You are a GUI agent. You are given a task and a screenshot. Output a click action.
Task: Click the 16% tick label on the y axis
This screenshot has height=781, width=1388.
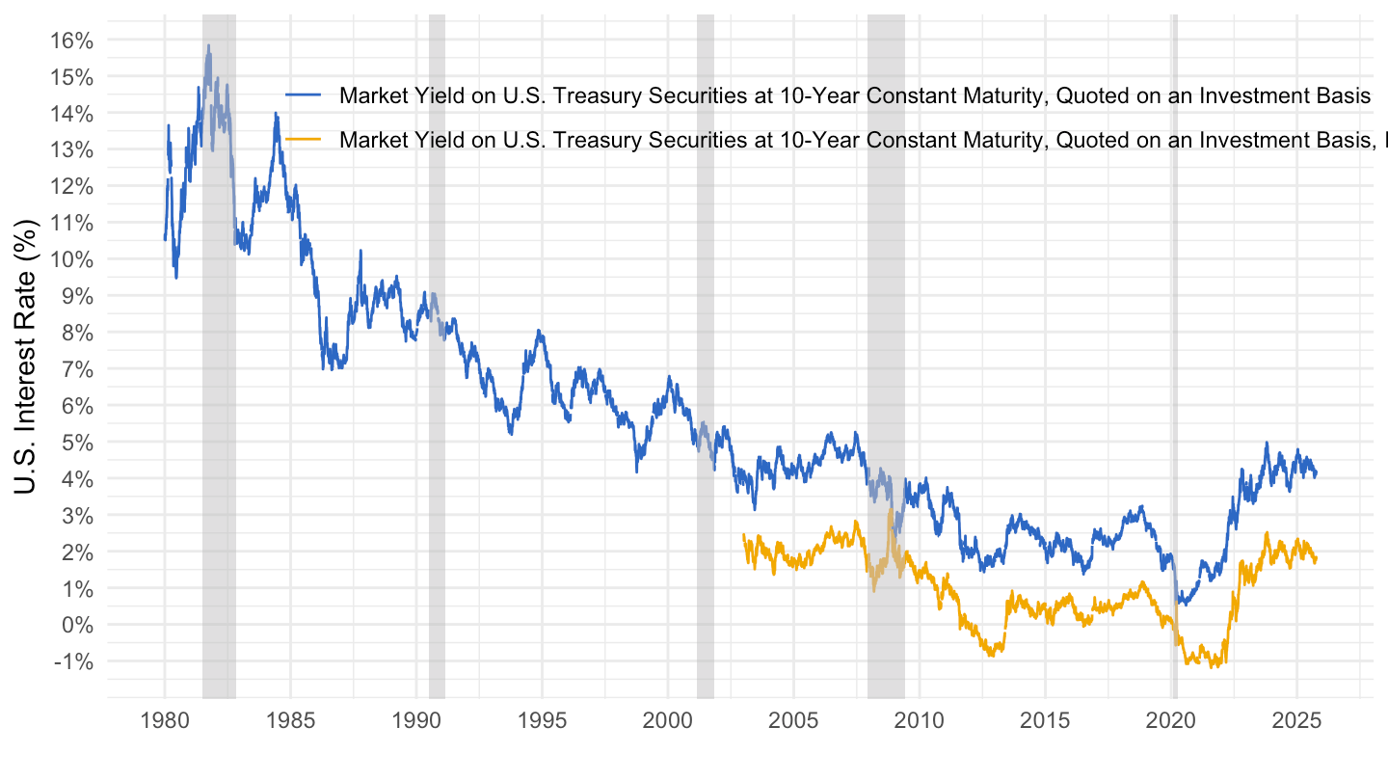coord(72,40)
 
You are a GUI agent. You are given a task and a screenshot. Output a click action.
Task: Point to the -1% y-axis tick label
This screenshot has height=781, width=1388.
coord(74,661)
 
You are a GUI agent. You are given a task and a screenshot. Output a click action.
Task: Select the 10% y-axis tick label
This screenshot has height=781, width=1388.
coord(72,259)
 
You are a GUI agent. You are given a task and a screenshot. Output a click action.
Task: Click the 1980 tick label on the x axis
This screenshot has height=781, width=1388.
coord(164,720)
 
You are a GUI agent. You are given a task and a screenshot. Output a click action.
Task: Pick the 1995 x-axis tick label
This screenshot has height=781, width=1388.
coord(542,720)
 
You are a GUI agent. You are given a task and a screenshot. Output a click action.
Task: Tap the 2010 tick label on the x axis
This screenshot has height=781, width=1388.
coord(920,720)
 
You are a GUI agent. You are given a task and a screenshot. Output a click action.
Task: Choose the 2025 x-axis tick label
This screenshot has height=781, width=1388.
coord(1296,720)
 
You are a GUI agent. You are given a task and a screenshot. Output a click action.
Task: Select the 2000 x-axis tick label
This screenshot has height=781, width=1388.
coord(668,720)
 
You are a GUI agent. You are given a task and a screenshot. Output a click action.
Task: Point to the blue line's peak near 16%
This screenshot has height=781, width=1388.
coord(207,45)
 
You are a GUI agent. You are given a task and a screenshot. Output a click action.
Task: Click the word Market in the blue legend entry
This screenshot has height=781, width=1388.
coord(369,95)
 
